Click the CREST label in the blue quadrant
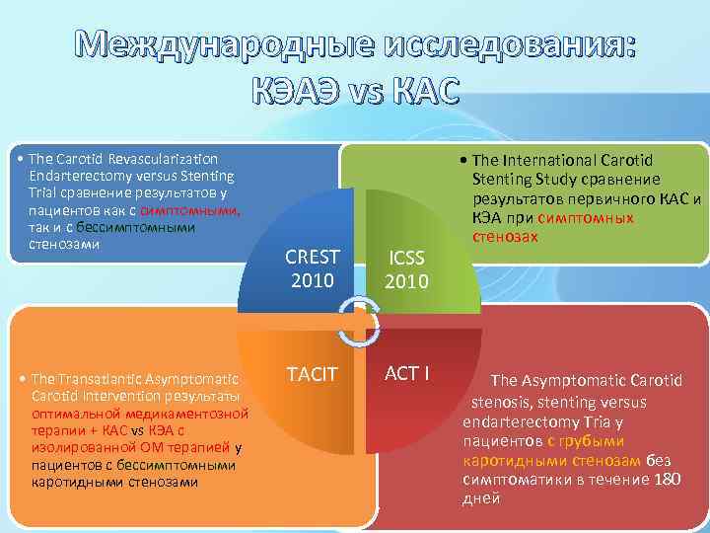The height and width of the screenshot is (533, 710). (x=313, y=257)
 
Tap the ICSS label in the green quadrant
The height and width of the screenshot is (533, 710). (x=405, y=258)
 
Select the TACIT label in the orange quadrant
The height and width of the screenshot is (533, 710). (x=313, y=374)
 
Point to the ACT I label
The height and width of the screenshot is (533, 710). (x=405, y=374)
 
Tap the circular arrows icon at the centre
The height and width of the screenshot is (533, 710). (x=359, y=321)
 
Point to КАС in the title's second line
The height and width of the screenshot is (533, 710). (x=420, y=91)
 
